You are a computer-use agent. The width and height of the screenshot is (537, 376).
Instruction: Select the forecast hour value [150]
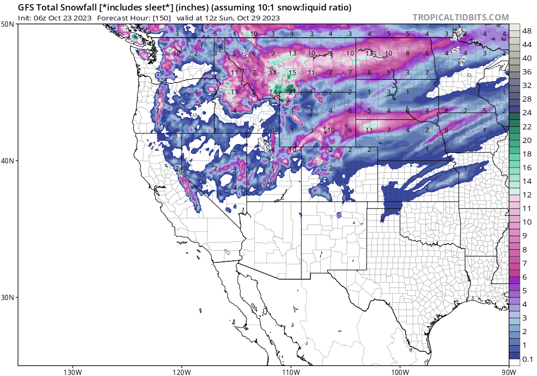click(x=160, y=18)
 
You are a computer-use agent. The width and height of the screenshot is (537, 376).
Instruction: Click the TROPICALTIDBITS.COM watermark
click(x=460, y=17)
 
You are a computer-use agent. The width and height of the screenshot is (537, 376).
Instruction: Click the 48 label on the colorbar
click(x=527, y=31)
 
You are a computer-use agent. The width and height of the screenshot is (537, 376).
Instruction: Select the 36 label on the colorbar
click(x=527, y=72)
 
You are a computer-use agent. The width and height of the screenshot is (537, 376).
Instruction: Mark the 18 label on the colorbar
click(x=527, y=154)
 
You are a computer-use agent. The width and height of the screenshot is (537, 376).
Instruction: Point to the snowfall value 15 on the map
click(x=292, y=73)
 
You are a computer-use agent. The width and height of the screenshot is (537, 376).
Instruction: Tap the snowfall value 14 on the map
click(x=273, y=92)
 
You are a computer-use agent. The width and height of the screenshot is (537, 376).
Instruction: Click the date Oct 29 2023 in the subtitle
click(x=255, y=18)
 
